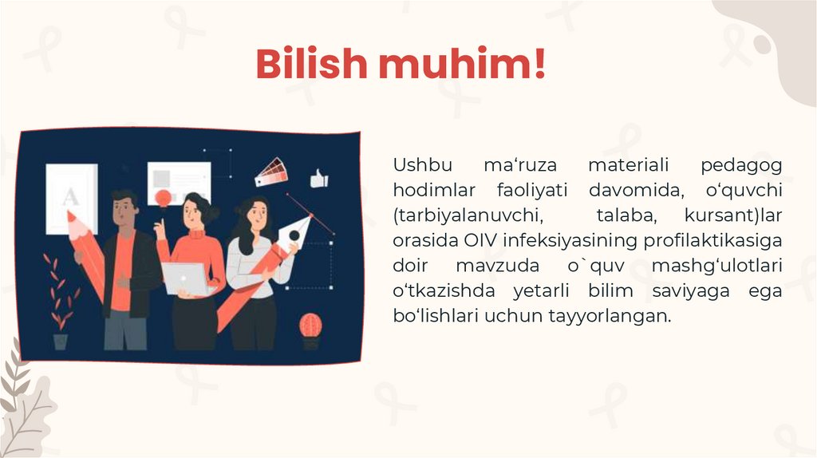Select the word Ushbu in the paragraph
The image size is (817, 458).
coord(421,166)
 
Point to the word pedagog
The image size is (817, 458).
coord(741,166)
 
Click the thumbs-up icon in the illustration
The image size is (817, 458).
coord(319,179)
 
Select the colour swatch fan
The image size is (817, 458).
coord(271,172)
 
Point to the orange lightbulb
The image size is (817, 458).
coord(164,196)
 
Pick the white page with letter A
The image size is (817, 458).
coord(71,198)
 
